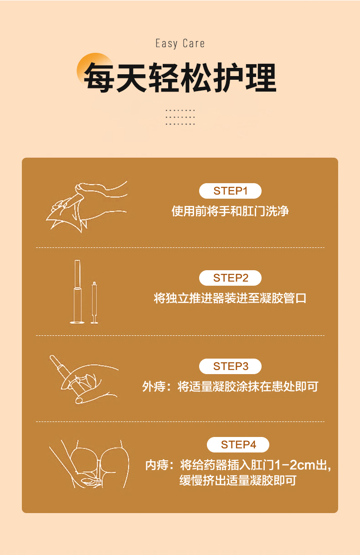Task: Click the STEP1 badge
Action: coord(230,191)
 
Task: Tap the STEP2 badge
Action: coord(230,278)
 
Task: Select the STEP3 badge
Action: coord(230,366)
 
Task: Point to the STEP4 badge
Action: coord(238,444)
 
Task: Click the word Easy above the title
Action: coord(166,44)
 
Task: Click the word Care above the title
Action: coord(194,44)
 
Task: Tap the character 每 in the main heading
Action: coord(98,77)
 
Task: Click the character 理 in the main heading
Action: coord(261,77)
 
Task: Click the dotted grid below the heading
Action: coord(180,117)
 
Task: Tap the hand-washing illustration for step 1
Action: coord(87,206)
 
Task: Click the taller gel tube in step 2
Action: coord(77,292)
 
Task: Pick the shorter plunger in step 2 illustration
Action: coord(94,303)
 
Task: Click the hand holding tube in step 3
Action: coord(84,379)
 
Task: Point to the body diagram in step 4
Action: coord(89,464)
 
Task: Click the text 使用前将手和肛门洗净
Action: coord(230,211)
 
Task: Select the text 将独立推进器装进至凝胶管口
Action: coord(230,298)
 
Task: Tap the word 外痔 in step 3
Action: coord(154,386)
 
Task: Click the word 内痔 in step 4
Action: coord(157,465)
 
